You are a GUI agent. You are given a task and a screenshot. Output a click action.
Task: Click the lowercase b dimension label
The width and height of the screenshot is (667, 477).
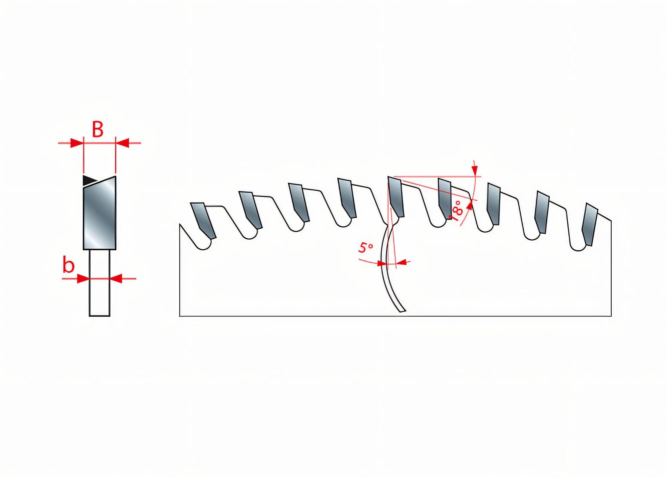(69, 266)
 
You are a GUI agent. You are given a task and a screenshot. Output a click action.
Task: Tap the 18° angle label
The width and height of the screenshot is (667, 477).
(457, 210)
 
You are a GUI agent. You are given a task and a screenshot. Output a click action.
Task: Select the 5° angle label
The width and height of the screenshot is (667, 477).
(366, 248)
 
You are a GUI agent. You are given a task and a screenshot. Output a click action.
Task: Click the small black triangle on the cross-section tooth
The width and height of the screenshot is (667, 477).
(89, 180)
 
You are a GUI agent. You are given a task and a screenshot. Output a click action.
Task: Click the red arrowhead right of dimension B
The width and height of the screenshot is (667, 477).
(122, 143)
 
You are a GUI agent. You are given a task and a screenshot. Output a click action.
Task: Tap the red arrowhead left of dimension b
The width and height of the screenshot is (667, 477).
(83, 278)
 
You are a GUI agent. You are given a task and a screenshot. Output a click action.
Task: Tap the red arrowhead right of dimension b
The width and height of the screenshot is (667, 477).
(116, 278)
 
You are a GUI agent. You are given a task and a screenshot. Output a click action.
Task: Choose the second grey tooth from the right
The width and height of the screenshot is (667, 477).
(542, 212)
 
